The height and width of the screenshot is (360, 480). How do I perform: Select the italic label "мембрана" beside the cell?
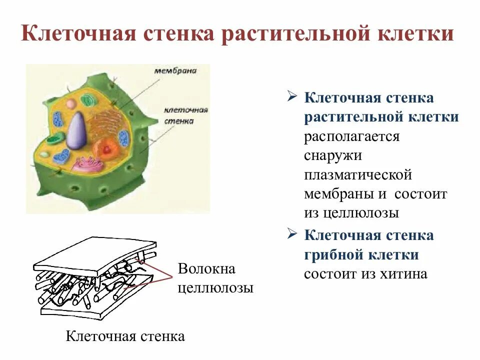coord(175,71)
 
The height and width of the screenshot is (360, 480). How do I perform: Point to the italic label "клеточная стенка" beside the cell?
coord(178,115)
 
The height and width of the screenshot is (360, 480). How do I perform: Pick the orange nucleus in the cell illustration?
coord(106,148)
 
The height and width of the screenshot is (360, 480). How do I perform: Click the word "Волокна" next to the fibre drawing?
coord(206,269)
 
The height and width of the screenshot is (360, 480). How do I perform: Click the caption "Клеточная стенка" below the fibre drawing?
coord(125,336)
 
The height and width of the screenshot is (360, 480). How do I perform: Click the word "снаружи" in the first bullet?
coord(332,155)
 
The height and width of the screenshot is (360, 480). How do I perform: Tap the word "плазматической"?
coord(358,175)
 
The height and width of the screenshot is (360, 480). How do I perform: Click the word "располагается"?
coord(352,136)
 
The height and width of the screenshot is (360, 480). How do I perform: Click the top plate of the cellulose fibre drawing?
coord(95,255)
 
